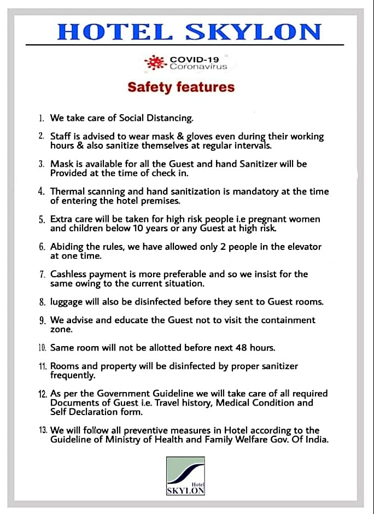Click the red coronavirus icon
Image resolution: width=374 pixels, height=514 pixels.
point(155,62)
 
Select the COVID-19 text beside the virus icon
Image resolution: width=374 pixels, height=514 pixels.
point(194,59)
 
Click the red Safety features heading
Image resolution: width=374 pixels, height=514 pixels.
point(181,87)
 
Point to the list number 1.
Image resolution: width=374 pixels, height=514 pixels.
point(42,118)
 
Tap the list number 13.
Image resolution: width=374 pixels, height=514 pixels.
point(43,430)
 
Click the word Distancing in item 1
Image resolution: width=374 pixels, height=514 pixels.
point(168,118)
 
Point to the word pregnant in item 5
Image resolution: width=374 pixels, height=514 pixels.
point(258,219)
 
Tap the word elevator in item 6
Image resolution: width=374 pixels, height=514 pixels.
point(301,247)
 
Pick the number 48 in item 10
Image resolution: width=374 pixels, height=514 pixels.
point(241,347)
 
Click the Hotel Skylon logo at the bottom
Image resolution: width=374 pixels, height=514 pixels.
point(185,476)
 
